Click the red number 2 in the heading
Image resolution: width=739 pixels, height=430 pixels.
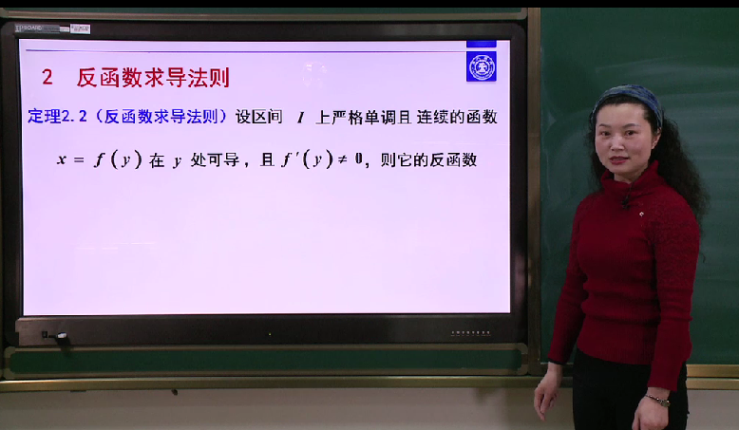pos(47,77)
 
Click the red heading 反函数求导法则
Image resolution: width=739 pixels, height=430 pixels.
pos(153,78)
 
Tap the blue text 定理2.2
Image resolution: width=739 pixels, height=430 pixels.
pos(57,116)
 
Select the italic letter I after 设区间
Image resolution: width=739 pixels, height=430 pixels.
pos(300,118)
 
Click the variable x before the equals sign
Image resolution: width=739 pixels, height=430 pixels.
pos(62,159)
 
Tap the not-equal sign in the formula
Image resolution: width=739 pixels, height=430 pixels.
pos(342,160)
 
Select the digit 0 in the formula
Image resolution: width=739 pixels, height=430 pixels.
pos(359,159)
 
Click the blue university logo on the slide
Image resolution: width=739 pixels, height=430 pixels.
pos(482,66)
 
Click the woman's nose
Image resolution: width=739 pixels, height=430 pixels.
pos(620,143)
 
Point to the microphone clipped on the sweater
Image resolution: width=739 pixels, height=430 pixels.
pos(625,203)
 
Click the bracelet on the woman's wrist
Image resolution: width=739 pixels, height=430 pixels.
pos(658,401)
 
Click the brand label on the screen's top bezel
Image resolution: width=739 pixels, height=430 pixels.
pos(52,28)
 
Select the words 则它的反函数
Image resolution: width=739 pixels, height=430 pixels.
pos(428,160)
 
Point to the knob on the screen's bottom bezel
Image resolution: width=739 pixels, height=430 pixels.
pos(62,336)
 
